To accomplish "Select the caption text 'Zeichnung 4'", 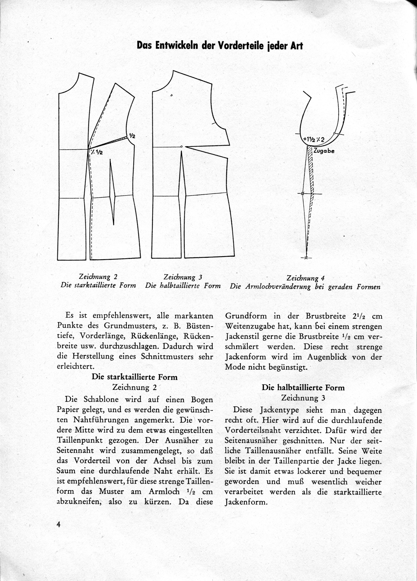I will (x=305, y=278).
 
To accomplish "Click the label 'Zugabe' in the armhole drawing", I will (x=324, y=151).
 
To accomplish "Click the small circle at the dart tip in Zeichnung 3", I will (x=181, y=147).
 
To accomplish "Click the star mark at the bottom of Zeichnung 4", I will (x=306, y=258).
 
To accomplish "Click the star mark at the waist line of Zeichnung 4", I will (x=303, y=194).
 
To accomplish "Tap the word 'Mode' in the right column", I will (x=234, y=367).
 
